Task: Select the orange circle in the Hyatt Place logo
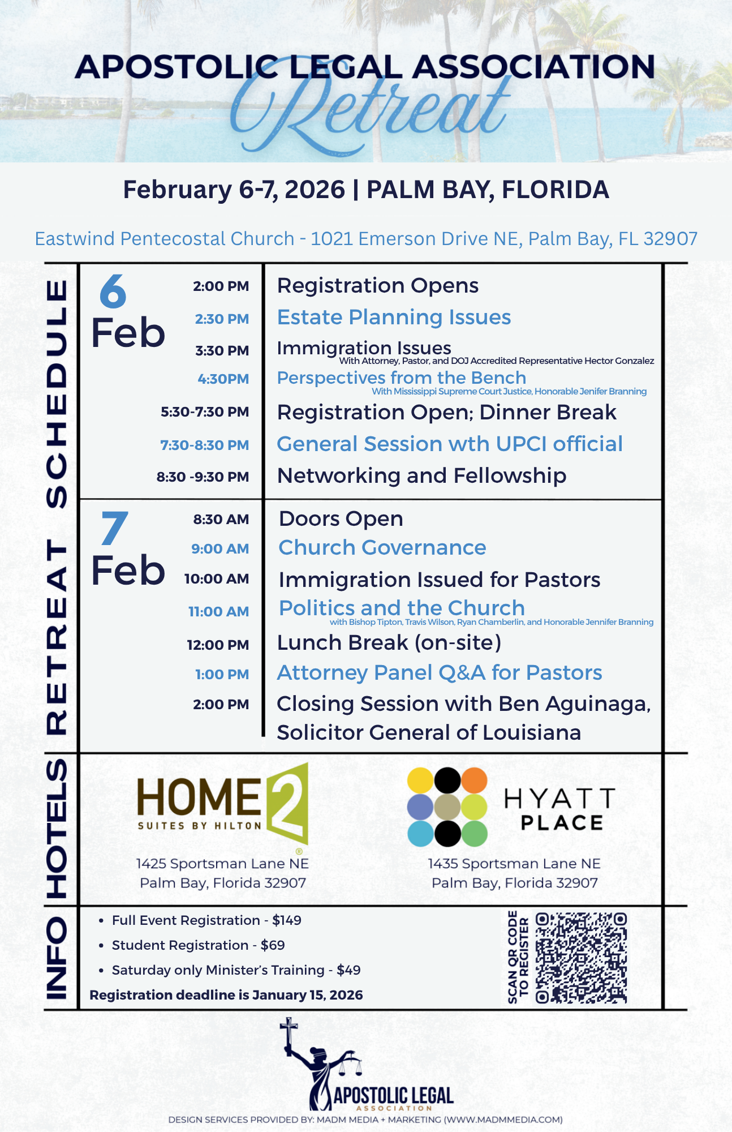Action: tap(474, 780)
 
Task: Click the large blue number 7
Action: tap(114, 528)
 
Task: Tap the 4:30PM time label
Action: tap(223, 379)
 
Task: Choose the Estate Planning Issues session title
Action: tap(394, 318)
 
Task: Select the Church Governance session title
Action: tap(382, 548)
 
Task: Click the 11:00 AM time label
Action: tap(218, 612)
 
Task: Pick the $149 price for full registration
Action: tap(287, 920)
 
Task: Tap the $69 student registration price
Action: tap(273, 945)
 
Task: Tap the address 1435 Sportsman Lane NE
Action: tap(514, 864)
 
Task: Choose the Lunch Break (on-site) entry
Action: tap(389, 643)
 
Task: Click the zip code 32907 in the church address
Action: tap(670, 239)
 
